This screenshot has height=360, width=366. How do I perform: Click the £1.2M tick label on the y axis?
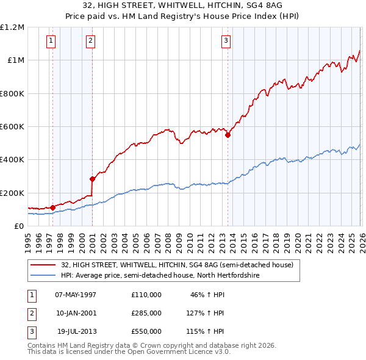(12, 27)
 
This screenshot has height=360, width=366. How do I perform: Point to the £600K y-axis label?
(12, 127)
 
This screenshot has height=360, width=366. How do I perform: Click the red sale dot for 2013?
(228, 135)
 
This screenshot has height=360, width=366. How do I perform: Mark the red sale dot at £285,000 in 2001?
(93, 179)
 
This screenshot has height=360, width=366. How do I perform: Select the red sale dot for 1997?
(53, 208)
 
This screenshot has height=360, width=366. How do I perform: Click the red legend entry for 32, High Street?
(177, 265)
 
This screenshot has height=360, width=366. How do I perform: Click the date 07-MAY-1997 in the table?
(76, 294)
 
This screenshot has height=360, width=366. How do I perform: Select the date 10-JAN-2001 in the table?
(76, 312)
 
